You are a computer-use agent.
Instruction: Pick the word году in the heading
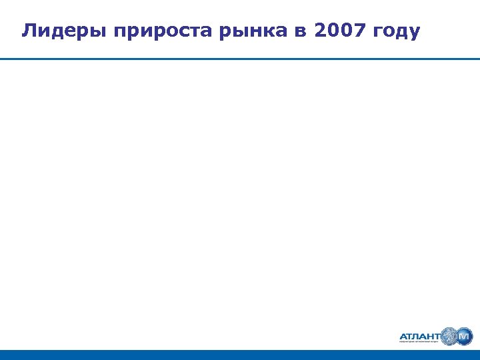click(397, 31)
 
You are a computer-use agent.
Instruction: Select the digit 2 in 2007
click(317, 31)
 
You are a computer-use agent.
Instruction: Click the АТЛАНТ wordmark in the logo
click(419, 337)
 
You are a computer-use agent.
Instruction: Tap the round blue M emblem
click(464, 336)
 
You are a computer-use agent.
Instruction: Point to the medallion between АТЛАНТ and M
click(448, 336)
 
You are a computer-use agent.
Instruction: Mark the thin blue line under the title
click(240, 59)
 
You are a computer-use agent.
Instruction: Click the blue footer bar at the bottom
click(240, 355)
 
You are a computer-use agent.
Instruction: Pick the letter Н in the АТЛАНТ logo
click(427, 337)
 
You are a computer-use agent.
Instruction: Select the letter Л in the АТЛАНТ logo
click(412, 337)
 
